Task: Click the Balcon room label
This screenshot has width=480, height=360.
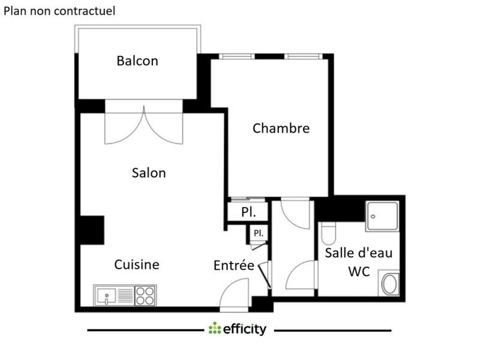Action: (137, 61)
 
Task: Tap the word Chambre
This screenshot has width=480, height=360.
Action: (281, 128)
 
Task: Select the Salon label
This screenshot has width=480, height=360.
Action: (149, 173)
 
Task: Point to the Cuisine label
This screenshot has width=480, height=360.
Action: (137, 265)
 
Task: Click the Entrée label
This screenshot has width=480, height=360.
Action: (234, 265)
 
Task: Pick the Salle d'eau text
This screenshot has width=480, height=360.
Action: (359, 253)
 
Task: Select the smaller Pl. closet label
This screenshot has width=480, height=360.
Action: (258, 233)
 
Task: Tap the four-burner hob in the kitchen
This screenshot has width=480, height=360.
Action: (145, 295)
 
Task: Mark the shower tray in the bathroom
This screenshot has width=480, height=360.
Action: (383, 214)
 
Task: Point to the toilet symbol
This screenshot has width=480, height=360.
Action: (328, 232)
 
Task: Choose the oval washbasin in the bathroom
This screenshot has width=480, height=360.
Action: (389, 284)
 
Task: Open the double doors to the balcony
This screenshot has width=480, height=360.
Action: (143, 126)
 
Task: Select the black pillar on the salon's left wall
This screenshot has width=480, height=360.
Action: (92, 229)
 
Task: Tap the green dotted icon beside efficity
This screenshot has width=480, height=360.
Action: (214, 329)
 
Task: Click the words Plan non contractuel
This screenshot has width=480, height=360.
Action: (60, 11)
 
